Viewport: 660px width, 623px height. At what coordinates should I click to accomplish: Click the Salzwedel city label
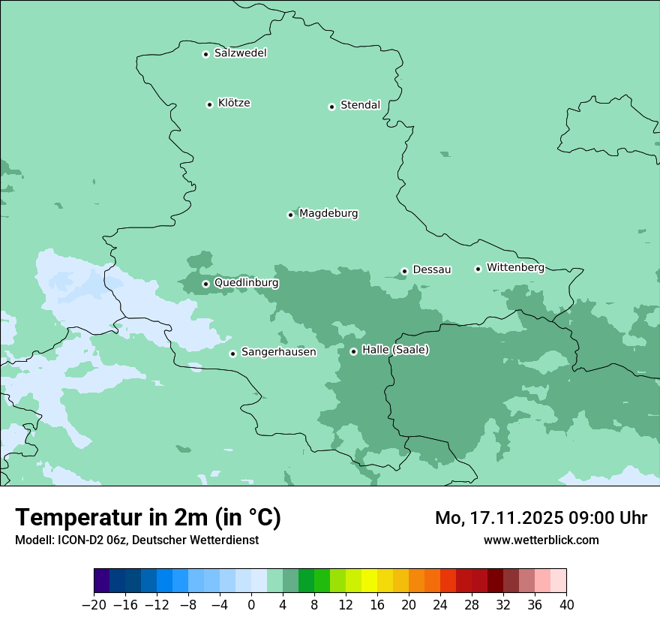[x=240, y=53]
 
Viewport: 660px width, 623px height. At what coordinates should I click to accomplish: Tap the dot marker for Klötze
[x=209, y=104]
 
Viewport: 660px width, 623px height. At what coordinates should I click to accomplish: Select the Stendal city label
[x=360, y=105]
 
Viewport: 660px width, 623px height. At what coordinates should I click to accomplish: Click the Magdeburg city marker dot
[x=290, y=215]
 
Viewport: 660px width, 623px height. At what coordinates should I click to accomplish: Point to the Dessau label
[x=431, y=269]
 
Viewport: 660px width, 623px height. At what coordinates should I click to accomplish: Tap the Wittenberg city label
[x=514, y=267]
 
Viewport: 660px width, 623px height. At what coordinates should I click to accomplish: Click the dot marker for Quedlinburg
[x=205, y=284]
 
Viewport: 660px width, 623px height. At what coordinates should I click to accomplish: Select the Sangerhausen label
[x=278, y=352]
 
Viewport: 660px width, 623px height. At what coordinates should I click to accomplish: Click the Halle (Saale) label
[x=395, y=350]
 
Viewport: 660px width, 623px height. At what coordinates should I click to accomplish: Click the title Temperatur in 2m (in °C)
[x=148, y=518]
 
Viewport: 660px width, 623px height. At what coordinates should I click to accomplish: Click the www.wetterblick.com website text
[x=541, y=540]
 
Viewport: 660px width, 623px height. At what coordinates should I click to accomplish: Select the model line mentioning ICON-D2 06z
[x=136, y=540]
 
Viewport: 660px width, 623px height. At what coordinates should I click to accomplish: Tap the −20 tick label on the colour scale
[x=94, y=605]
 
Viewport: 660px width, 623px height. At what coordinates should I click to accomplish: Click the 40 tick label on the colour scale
[x=566, y=605]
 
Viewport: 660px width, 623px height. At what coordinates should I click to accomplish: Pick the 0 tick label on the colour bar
[x=251, y=605]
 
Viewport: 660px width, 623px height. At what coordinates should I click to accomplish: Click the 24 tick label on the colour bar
[x=440, y=605]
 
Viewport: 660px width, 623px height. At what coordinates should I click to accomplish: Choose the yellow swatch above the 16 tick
[x=369, y=581]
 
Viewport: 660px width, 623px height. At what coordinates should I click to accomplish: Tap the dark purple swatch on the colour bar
[x=101, y=581]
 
